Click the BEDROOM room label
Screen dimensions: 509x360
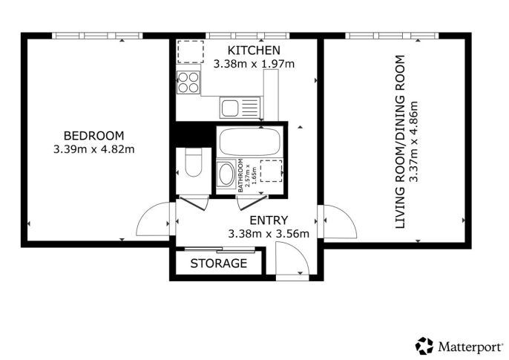click(x=93, y=135)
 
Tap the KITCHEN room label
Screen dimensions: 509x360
click(x=254, y=50)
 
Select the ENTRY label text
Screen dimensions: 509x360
click(x=269, y=220)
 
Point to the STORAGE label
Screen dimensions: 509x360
click(x=219, y=264)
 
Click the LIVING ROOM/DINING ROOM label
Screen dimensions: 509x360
click(x=400, y=142)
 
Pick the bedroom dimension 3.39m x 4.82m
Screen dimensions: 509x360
click(x=93, y=149)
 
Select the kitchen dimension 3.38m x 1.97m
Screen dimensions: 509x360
click(x=254, y=64)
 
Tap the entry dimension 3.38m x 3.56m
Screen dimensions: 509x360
click(x=269, y=234)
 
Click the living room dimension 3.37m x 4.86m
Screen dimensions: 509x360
click(x=413, y=142)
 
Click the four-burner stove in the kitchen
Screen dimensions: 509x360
click(x=188, y=82)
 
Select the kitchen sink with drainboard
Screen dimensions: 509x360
click(x=240, y=108)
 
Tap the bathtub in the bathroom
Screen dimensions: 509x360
click(x=249, y=142)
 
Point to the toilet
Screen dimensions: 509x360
click(x=194, y=162)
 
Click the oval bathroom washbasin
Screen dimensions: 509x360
click(x=226, y=174)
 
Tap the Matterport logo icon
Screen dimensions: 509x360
click(x=424, y=346)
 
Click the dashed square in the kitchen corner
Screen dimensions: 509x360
click(x=191, y=52)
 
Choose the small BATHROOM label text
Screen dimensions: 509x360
click(x=240, y=176)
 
